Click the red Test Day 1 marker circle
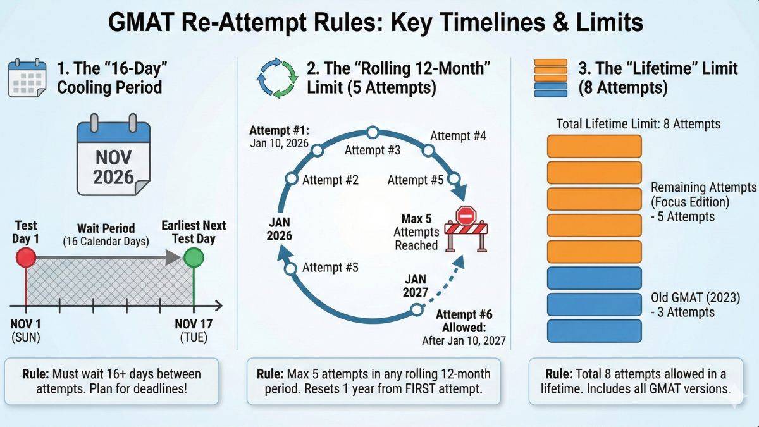pos(25,257)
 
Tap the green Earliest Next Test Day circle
pos(194,257)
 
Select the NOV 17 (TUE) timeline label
pos(194,330)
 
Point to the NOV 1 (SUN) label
pos(25,330)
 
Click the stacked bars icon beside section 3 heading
pos(550,78)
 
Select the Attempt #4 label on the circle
pos(459,136)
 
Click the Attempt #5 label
pos(415,180)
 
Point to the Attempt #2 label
pos(330,180)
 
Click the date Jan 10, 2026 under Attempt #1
pos(279,144)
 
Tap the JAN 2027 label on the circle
pos(415,286)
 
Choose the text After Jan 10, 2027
pos(464,341)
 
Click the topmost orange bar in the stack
pos(594,145)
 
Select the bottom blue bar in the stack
pos(594,330)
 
